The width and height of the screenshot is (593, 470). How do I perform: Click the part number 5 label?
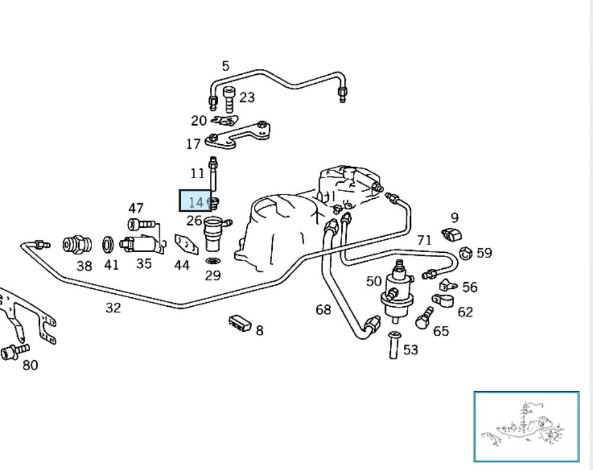(x=225, y=66)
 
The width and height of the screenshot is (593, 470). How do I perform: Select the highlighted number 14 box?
(x=196, y=201)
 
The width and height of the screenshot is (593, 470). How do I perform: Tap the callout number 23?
(x=247, y=97)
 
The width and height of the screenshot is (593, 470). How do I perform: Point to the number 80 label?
(x=30, y=365)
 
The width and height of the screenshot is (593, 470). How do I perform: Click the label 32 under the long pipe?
(x=113, y=307)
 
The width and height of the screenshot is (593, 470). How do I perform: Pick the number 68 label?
(x=323, y=309)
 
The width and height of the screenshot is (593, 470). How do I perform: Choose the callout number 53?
(x=410, y=350)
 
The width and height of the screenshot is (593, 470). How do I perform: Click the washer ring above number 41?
(x=109, y=243)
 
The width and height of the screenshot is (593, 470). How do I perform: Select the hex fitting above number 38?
(x=77, y=244)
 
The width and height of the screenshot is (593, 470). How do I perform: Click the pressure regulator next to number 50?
(x=396, y=288)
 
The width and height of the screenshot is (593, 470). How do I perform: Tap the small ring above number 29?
(x=212, y=261)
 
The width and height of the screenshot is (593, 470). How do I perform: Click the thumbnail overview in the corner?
(x=527, y=426)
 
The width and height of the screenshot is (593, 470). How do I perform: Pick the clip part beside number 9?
(x=452, y=234)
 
